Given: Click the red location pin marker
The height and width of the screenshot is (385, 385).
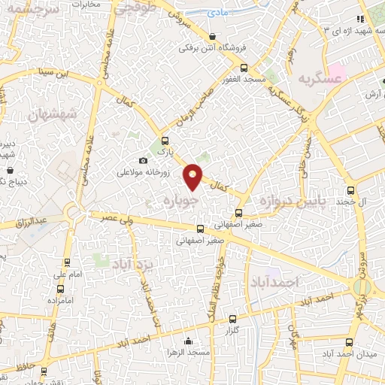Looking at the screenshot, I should click(194, 176).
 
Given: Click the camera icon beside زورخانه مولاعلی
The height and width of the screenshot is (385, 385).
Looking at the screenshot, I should click(143, 160).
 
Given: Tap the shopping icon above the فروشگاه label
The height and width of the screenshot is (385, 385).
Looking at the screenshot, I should click(213, 36).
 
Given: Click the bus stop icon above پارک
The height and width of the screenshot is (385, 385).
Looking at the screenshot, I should click(165, 140).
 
